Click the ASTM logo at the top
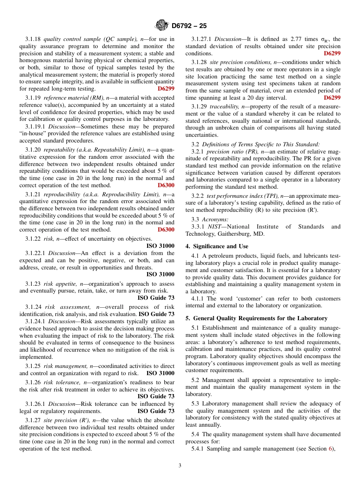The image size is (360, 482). (x=162, y=26)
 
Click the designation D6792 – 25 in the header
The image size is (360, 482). (x=189, y=26)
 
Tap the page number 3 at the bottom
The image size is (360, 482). (x=180, y=465)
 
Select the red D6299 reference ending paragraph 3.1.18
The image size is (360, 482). (x=166, y=89)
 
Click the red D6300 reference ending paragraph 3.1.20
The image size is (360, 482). (x=166, y=185)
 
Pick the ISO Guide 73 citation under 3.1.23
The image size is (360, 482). (x=156, y=298)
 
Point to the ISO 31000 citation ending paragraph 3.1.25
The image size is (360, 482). (x=160, y=373)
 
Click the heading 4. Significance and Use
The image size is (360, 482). (x=217, y=246)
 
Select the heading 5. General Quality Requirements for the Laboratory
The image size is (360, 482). (x=256, y=318)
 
